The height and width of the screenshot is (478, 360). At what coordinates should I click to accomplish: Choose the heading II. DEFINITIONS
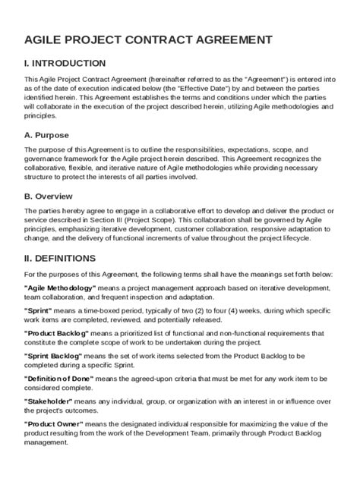(x=62, y=257)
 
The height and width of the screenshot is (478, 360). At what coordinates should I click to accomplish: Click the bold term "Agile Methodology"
(x=60, y=289)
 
